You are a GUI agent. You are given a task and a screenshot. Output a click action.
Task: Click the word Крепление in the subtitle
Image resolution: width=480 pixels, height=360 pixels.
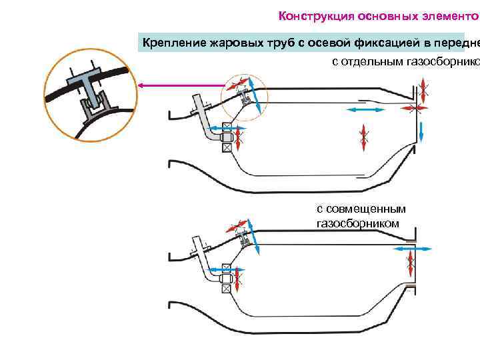click(174, 43)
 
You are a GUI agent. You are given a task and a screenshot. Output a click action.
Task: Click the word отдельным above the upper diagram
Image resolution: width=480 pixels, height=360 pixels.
click(374, 62)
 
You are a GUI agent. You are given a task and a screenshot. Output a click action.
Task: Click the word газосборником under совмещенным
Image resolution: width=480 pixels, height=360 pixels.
click(357, 223)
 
